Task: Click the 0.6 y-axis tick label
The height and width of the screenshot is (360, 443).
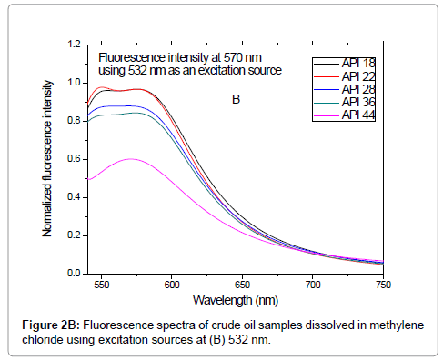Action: tap(72, 159)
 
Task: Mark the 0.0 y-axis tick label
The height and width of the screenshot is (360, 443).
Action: tap(72, 274)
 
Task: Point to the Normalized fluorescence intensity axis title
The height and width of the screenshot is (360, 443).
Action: tap(48, 158)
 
